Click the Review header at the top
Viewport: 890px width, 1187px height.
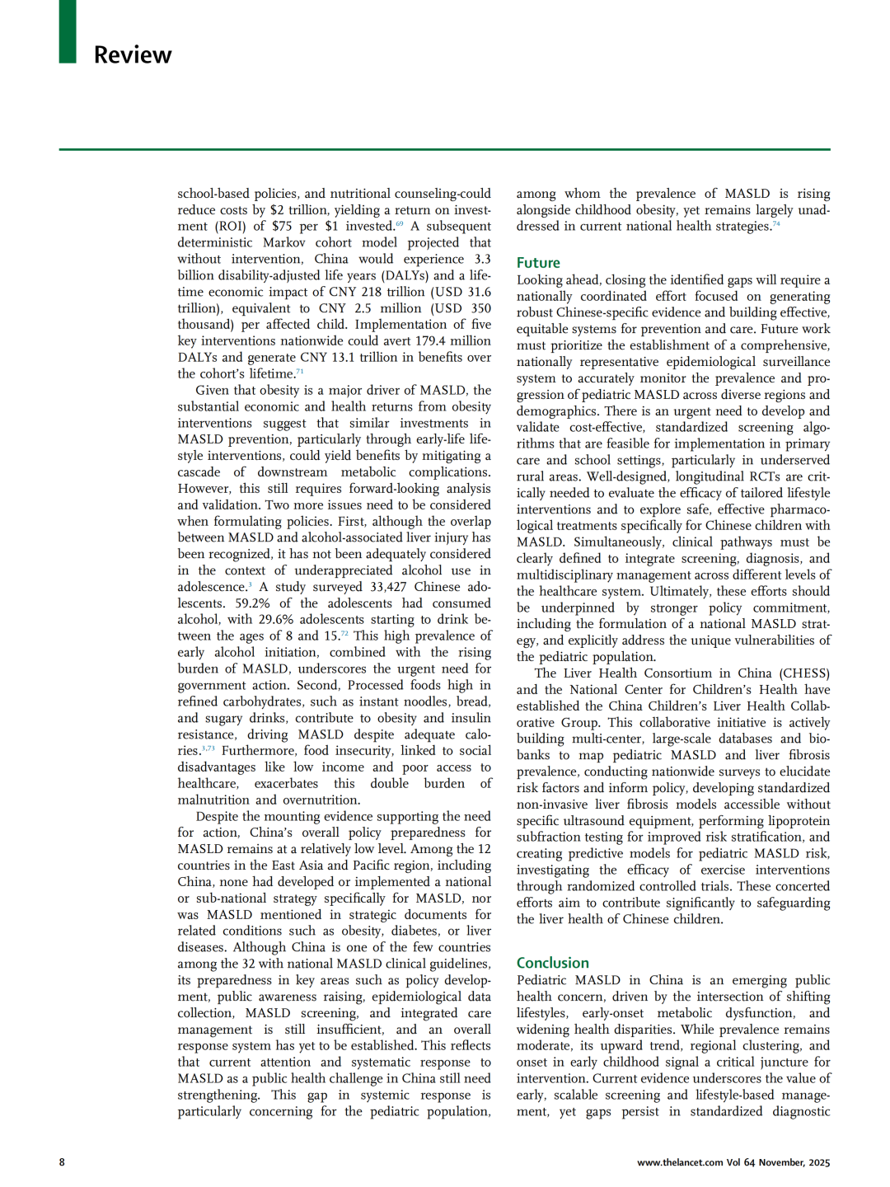[133, 54]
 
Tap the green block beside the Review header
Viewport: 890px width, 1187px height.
[68, 31]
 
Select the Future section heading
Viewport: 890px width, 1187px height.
[538, 262]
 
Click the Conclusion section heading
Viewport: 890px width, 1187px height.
[552, 963]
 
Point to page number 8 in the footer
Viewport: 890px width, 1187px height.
[62, 1162]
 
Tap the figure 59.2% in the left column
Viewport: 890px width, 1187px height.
[251, 603]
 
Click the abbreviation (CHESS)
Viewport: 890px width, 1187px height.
[805, 673]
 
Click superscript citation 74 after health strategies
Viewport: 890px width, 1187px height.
[775, 224]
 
